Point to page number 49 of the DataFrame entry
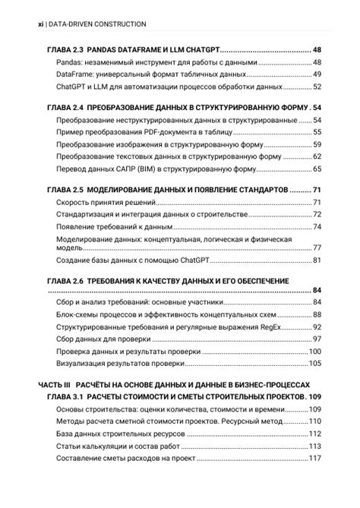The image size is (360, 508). (x=317, y=74)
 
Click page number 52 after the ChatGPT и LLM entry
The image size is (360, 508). (x=317, y=87)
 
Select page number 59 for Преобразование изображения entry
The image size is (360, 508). (x=317, y=144)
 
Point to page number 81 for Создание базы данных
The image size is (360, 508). (x=317, y=260)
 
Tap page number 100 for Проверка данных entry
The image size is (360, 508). (x=315, y=351)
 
